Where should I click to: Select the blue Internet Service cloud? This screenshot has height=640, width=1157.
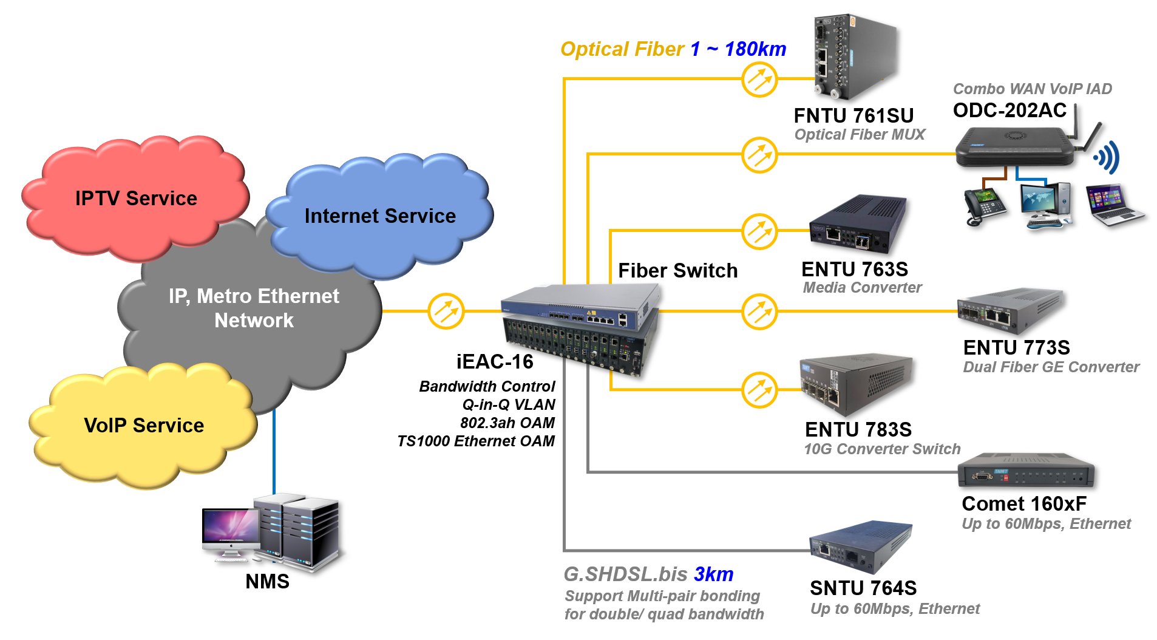pos(380,216)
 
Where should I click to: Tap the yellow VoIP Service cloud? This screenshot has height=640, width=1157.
pos(144,426)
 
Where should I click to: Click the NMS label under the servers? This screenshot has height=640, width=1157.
pos(267,582)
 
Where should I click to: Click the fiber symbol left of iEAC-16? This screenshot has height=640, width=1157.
pos(446,311)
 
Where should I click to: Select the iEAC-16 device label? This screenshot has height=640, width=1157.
pos(495,362)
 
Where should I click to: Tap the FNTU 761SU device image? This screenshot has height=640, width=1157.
pos(852,58)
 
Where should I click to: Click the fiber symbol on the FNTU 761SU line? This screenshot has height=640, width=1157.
pos(759,79)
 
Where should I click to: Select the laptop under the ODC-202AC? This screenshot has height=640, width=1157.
pos(1113,206)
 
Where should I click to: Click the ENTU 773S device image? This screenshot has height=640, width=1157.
pos(1009,310)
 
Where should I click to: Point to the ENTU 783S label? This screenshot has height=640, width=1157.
pos(858,430)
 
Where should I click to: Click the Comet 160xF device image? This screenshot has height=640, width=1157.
pos(1026,471)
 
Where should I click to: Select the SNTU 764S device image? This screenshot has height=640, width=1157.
pos(860,546)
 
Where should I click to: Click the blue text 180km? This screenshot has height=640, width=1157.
pos(755,49)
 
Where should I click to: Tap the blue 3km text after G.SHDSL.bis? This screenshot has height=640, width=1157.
pos(713,574)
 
